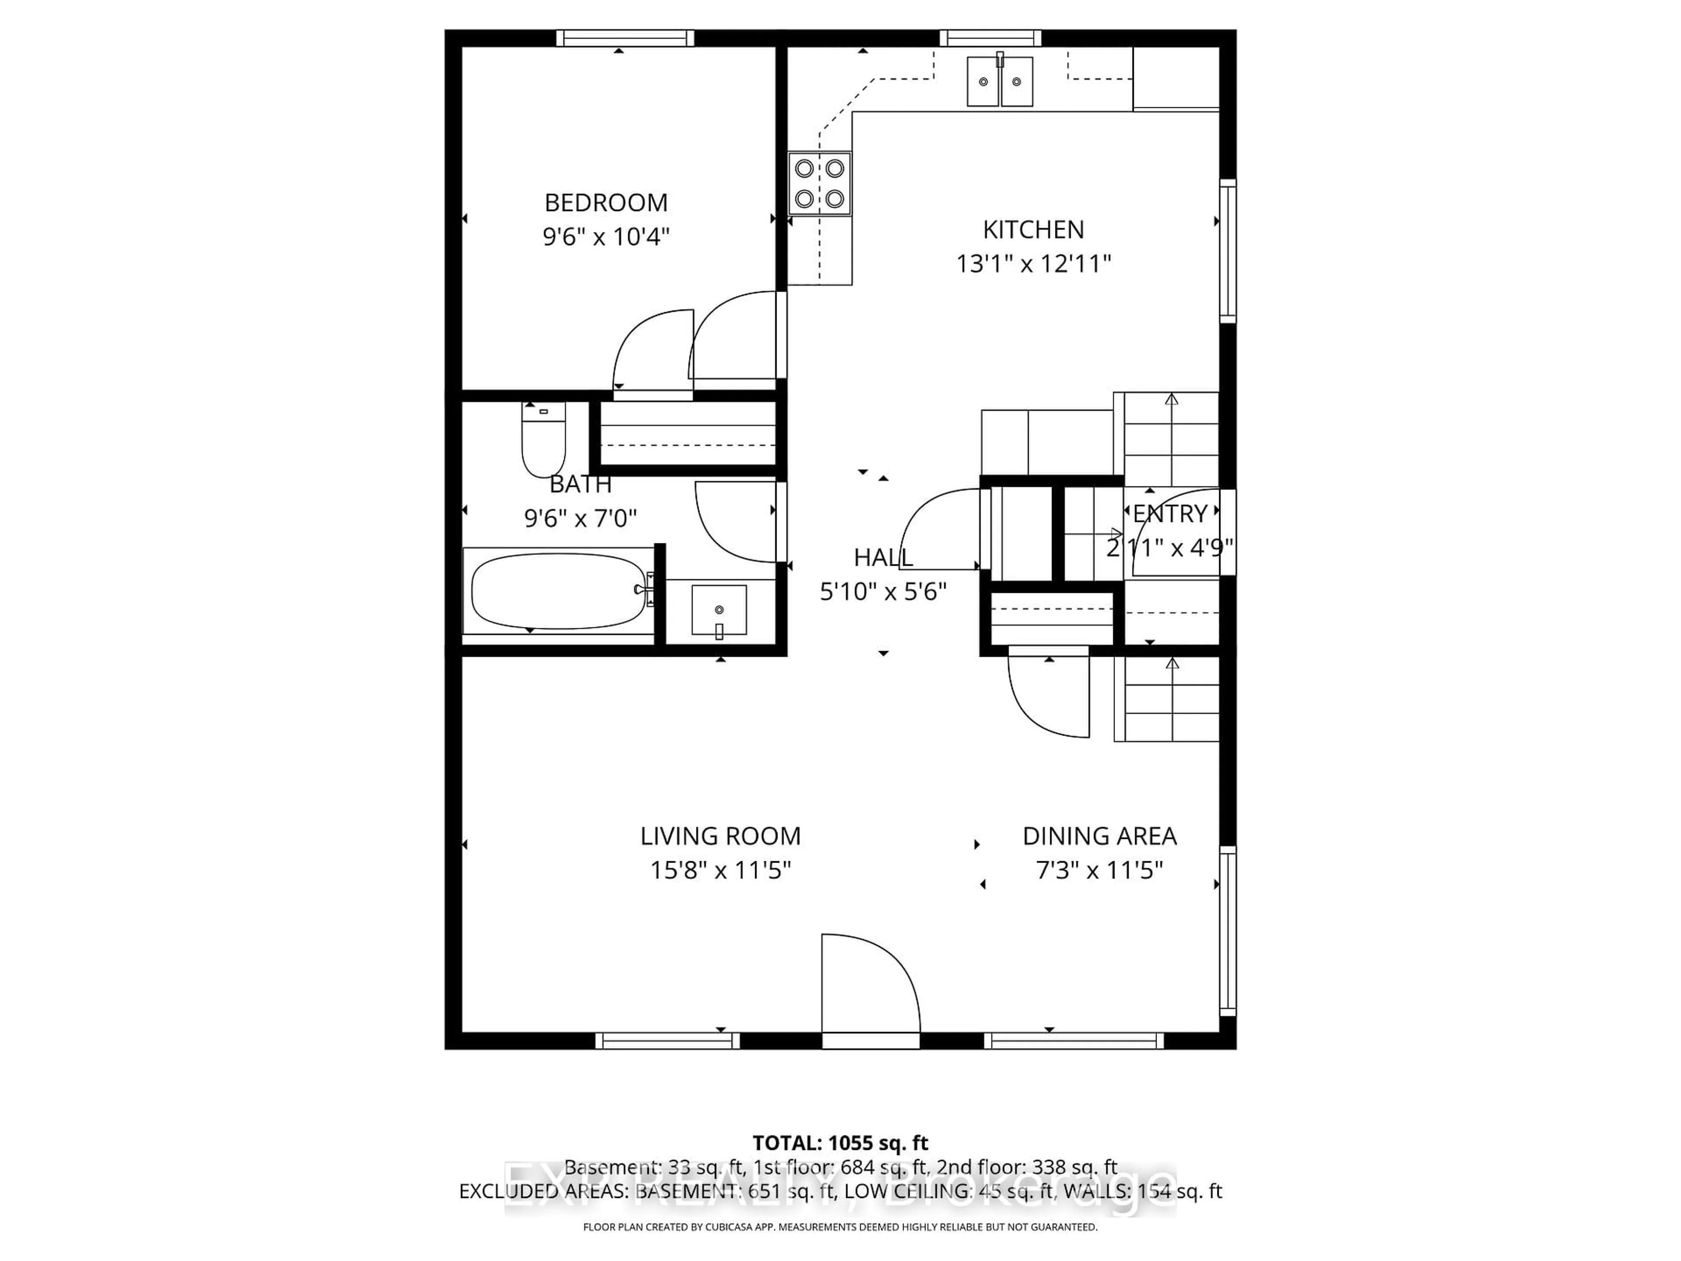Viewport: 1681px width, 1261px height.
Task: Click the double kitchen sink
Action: tap(999, 81)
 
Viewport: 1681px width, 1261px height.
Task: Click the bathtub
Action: tap(559, 591)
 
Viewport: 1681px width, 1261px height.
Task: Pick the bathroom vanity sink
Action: tap(718, 609)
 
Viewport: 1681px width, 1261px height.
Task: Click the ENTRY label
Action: tap(1170, 514)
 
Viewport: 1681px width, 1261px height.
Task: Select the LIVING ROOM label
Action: tap(720, 836)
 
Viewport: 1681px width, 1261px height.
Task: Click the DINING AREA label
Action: tap(1099, 836)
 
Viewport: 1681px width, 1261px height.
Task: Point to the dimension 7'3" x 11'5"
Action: tap(1099, 870)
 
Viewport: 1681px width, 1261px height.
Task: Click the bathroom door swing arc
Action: tap(737, 522)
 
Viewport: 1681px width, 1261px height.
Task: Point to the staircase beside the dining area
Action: tap(1170, 699)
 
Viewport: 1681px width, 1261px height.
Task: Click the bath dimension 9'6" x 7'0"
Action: tap(580, 518)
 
